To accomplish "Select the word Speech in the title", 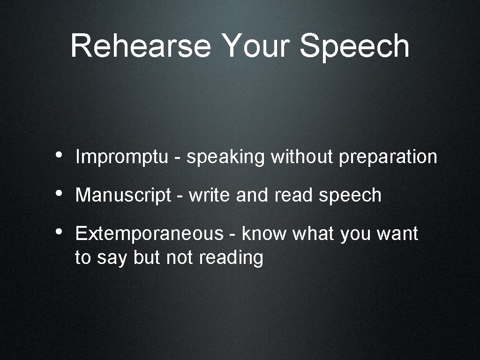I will [x=355, y=46].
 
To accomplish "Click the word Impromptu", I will [x=121, y=157].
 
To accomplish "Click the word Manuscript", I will [x=123, y=195].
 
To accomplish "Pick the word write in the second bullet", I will [x=210, y=195].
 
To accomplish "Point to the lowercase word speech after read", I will [x=350, y=195].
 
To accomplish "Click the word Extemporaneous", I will [x=150, y=233].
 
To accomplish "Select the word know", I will [x=264, y=233].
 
